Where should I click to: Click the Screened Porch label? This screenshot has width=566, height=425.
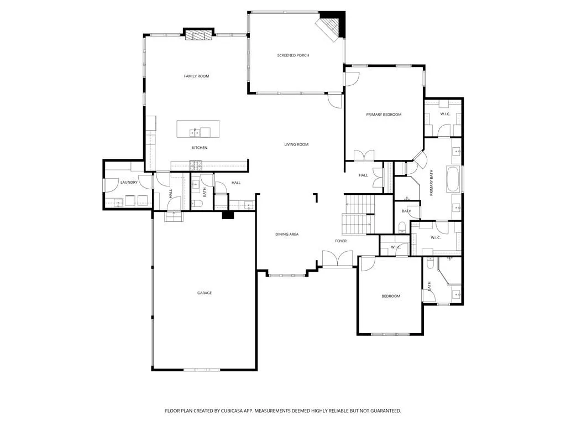click(293, 55)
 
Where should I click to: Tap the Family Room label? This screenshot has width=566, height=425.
click(196, 76)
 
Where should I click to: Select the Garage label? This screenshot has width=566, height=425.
click(205, 293)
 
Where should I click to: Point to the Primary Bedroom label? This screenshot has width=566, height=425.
click(384, 115)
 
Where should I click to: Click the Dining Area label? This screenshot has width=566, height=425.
click(287, 234)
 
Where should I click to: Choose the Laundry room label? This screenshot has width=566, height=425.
click(129, 182)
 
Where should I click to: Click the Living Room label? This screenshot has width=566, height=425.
click(296, 144)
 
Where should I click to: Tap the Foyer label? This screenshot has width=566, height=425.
click(341, 241)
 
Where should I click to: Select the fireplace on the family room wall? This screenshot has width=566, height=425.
click(198, 35)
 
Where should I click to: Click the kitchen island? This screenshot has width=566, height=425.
click(198, 129)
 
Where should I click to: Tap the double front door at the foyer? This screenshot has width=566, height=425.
click(337, 259)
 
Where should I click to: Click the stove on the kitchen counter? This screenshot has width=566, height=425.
click(196, 164)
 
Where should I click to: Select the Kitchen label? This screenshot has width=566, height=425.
click(200, 148)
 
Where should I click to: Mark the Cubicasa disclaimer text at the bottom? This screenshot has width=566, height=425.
click(283, 411)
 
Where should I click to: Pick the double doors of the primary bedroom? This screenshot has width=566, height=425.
click(363, 156)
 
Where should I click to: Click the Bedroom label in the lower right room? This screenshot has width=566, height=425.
click(391, 296)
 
